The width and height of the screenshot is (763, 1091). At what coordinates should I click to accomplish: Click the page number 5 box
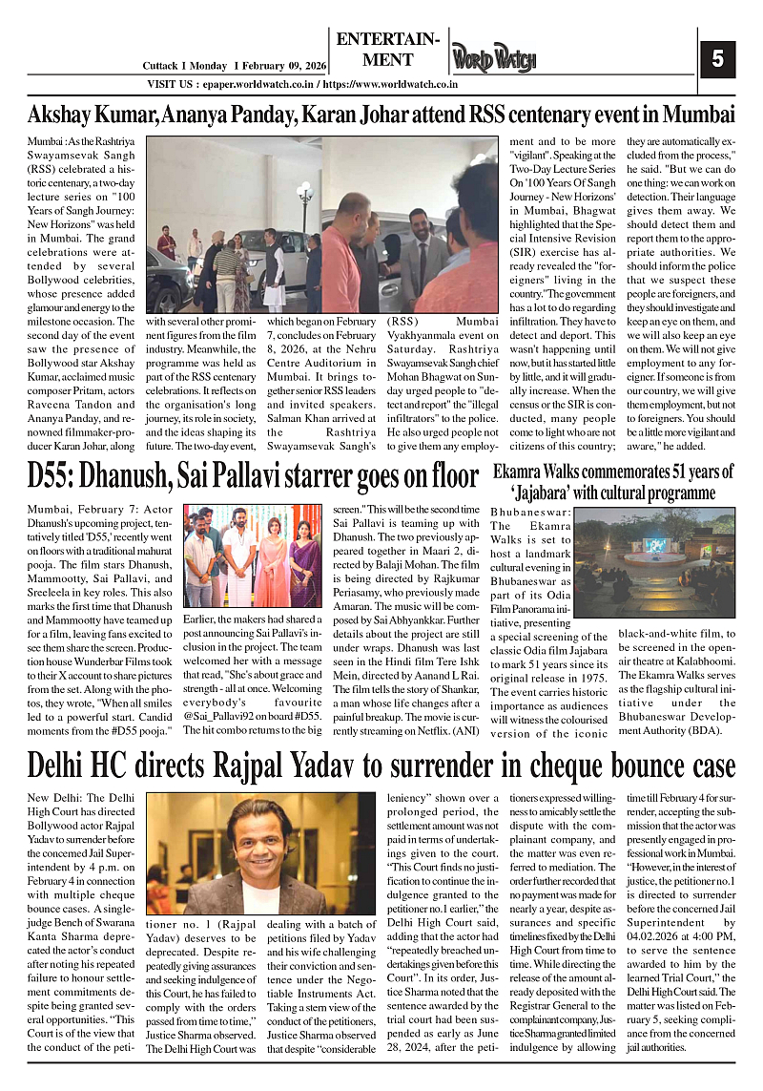pos(717,59)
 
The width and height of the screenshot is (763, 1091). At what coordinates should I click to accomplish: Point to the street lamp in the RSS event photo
pos(305,200)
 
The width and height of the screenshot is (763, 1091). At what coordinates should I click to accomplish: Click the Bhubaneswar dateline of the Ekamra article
pos(530,512)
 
